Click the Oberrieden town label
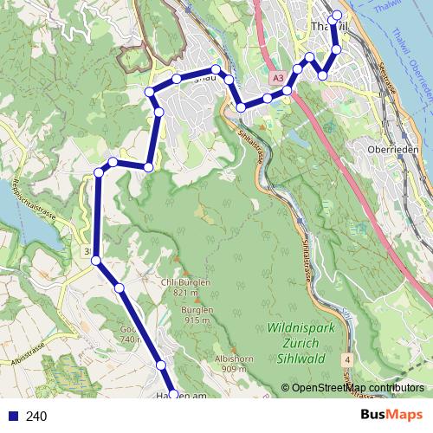[393, 148]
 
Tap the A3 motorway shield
[276, 79]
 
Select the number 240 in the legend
[37, 417]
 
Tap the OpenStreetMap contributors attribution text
[358, 388]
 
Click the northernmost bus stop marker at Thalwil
[337, 16]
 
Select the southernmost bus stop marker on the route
[173, 394]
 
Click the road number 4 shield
[347, 358]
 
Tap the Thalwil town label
[326, 27]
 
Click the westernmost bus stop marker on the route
[96, 260]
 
